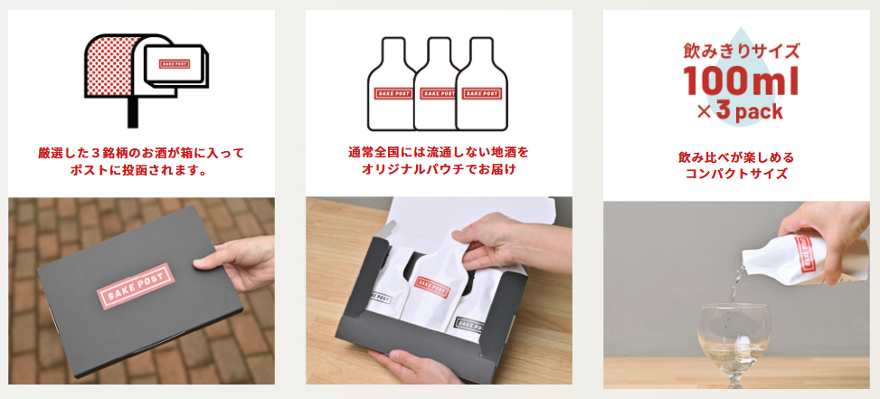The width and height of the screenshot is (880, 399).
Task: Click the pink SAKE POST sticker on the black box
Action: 135,286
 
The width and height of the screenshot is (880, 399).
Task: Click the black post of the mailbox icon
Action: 133,112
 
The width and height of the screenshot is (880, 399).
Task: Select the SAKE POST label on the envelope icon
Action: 174,64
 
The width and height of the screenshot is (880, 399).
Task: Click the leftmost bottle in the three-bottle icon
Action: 392,84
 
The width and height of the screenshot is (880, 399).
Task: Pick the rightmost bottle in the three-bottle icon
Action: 482,84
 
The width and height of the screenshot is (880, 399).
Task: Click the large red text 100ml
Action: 741,81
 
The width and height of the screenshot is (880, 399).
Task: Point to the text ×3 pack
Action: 740,111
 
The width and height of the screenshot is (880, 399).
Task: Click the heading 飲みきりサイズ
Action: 741,52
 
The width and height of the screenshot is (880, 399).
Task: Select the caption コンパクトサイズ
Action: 736,174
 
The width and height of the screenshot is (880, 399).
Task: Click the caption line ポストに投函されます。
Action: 141,170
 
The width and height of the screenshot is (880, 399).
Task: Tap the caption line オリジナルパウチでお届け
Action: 439,169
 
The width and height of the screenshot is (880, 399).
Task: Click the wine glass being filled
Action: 733,342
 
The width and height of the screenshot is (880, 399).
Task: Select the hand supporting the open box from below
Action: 415,367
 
